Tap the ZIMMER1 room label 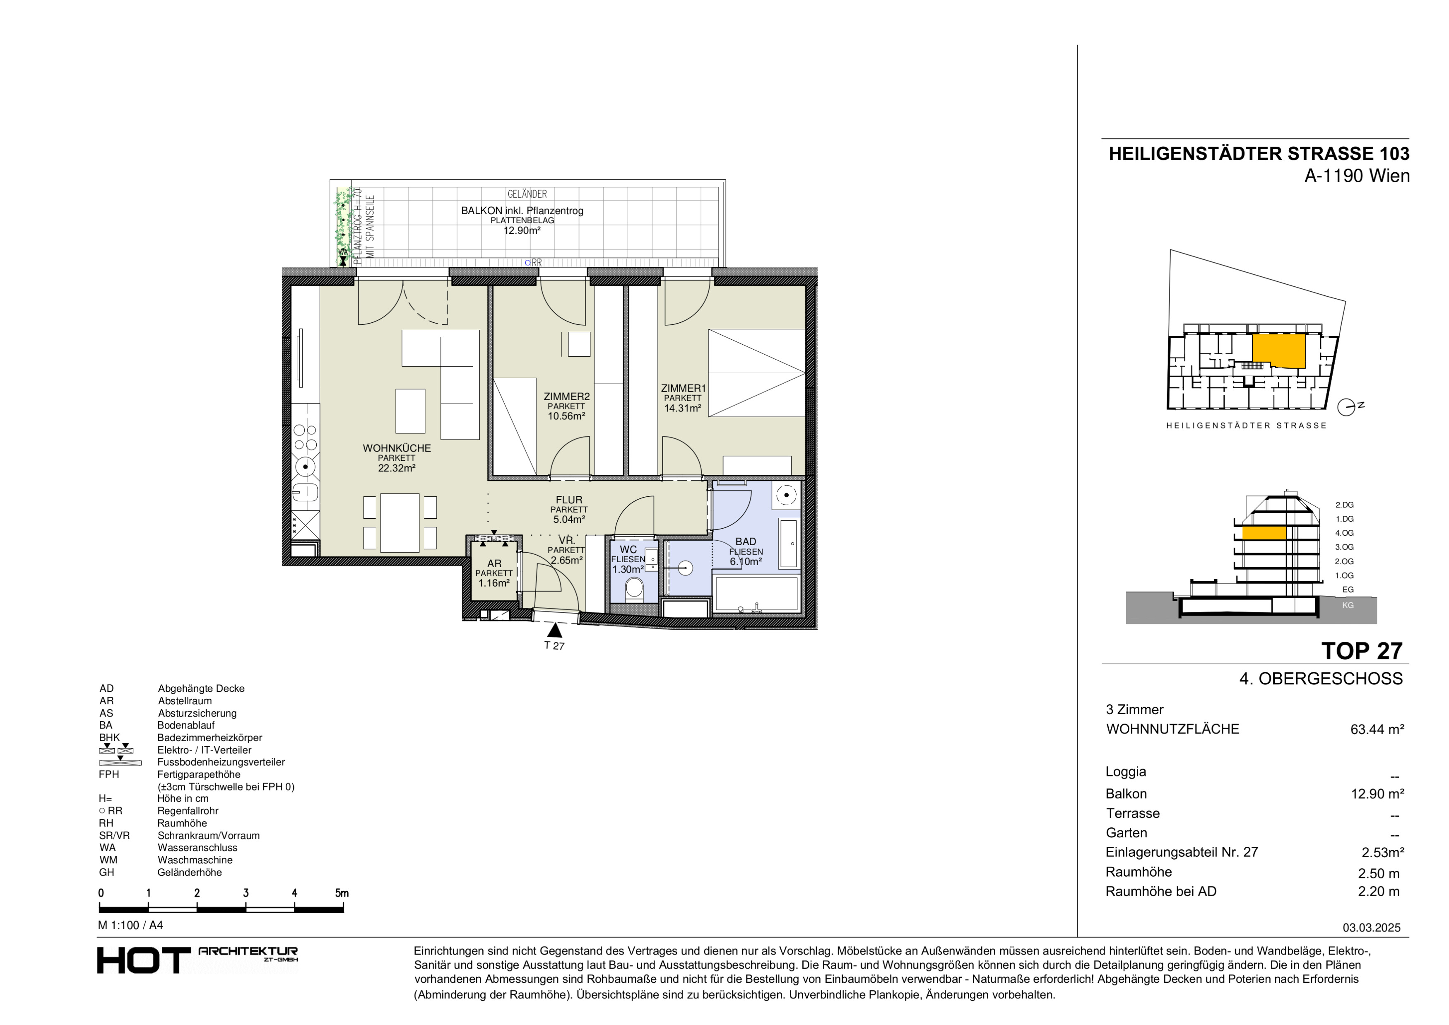683,388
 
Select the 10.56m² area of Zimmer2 566,416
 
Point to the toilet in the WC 633,590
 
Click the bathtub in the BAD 756,594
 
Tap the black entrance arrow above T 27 555,630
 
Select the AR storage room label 494,563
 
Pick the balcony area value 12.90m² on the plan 521,230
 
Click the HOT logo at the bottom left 143,960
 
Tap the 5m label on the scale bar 342,893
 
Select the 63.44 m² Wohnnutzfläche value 1377,730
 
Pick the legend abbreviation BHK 109,737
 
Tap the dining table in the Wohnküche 400,523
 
